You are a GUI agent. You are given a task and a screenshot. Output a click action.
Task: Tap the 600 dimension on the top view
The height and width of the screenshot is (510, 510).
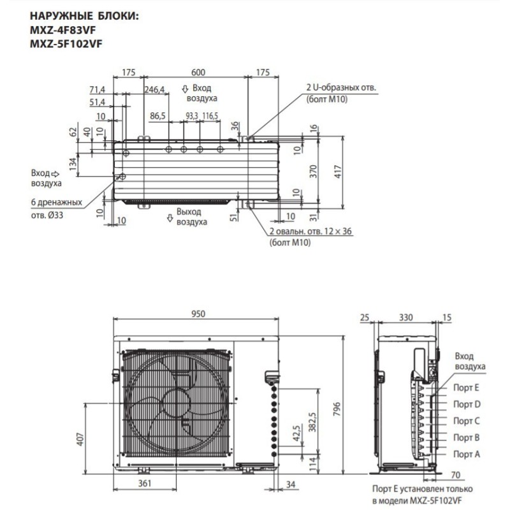click(x=196, y=73)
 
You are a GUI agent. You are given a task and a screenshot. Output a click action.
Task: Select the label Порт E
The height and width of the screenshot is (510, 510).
click(x=467, y=388)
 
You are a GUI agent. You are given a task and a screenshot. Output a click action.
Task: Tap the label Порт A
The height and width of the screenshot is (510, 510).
click(x=467, y=453)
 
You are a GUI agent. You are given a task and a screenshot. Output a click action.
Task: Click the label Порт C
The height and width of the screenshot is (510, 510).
click(x=467, y=421)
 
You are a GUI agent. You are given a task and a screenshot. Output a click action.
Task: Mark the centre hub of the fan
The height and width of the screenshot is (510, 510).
click(x=175, y=403)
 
